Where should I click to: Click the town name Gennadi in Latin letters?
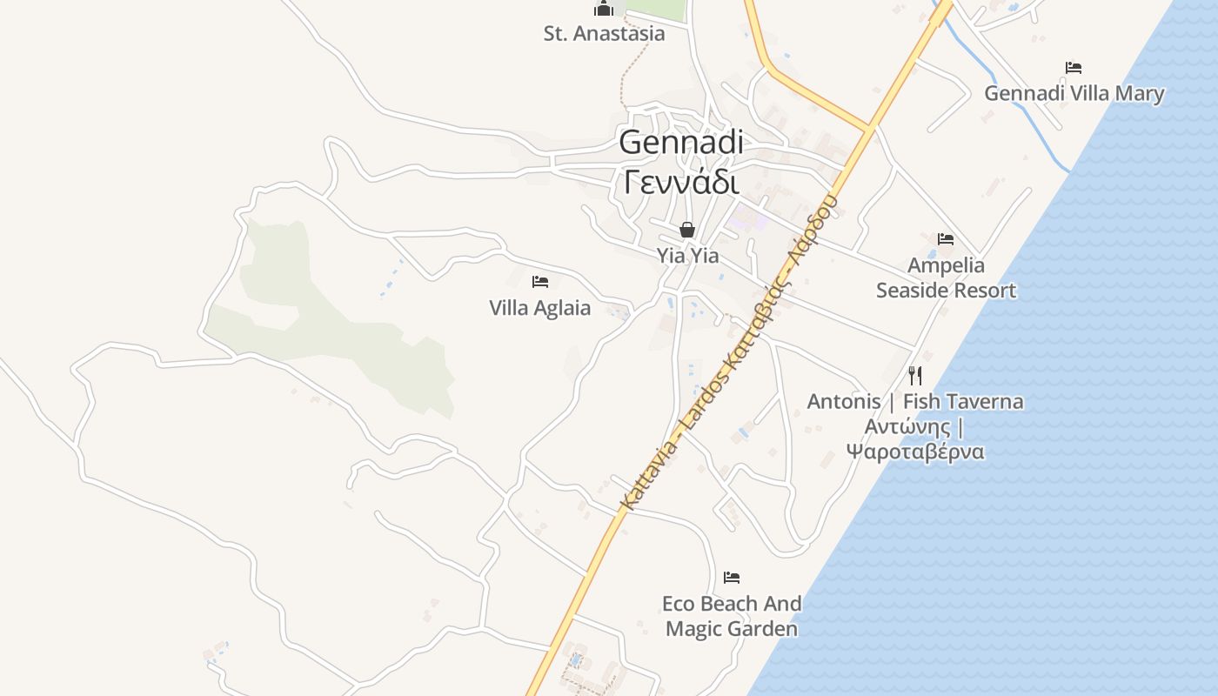click(681, 142)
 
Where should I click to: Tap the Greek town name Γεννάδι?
click(681, 183)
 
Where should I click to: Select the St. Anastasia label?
click(604, 34)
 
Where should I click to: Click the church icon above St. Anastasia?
click(604, 9)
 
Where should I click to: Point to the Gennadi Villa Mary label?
click(1074, 93)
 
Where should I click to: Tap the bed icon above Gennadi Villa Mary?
click(1074, 68)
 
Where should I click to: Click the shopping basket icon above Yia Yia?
click(687, 230)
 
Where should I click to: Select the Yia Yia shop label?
click(687, 256)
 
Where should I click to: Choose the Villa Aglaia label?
click(539, 308)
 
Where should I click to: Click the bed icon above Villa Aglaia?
click(540, 282)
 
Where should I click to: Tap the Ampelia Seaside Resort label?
click(946, 278)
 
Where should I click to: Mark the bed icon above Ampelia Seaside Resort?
click(946, 239)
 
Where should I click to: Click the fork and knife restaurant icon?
click(914, 376)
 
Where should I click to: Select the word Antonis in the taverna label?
click(843, 402)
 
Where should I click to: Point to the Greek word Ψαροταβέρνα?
click(914, 452)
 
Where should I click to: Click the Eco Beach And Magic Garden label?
click(732, 616)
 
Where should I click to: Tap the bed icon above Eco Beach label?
click(732, 578)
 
